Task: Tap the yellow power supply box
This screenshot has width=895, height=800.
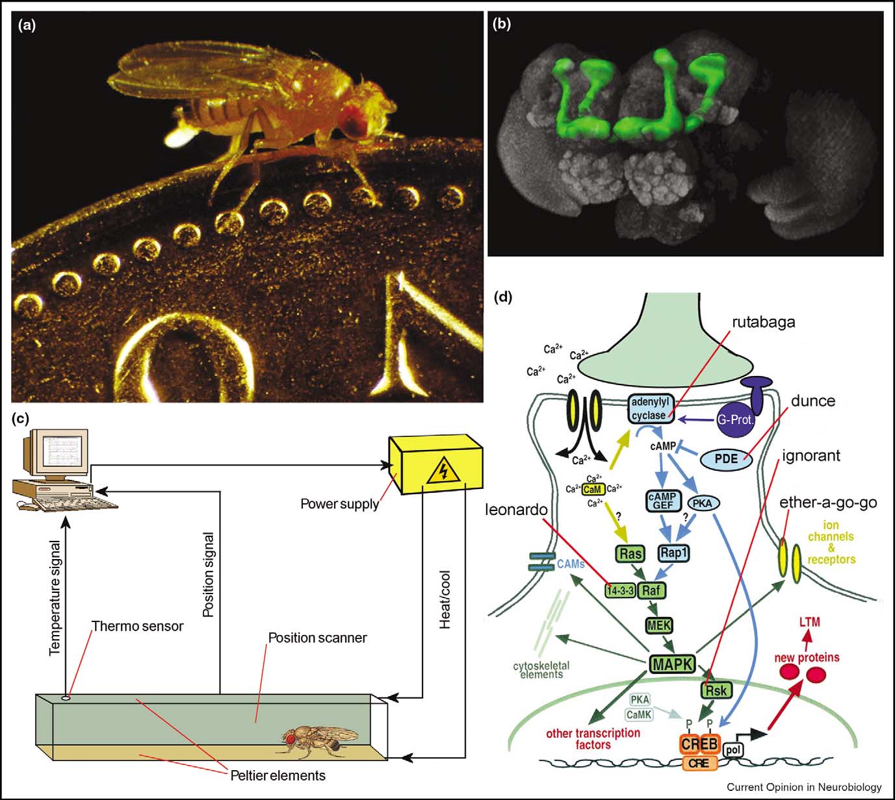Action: [x=434, y=464]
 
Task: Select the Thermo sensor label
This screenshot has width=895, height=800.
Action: [x=137, y=627]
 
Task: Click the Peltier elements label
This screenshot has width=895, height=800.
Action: [x=278, y=775]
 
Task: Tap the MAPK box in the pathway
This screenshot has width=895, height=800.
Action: [x=672, y=664]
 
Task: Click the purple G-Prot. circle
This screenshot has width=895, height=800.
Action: [x=736, y=419]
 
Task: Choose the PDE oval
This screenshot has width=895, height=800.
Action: [x=726, y=459]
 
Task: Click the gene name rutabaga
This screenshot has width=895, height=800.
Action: [x=763, y=321]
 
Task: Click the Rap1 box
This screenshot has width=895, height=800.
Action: [x=673, y=553]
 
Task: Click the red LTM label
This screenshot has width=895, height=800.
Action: [x=809, y=622]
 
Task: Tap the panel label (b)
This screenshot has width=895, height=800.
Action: [x=502, y=25]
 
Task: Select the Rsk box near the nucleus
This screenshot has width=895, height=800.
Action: [x=716, y=690]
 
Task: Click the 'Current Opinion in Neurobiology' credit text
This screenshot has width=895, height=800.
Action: [x=804, y=787]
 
